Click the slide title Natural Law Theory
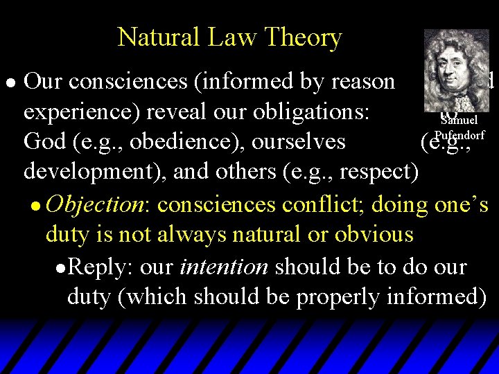click(229, 37)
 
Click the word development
click(87, 172)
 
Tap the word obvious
click(374, 235)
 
